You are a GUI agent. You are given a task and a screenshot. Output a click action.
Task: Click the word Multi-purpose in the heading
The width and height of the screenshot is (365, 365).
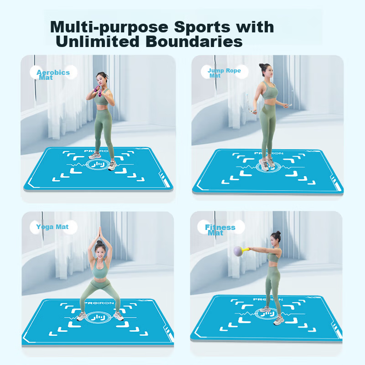109,27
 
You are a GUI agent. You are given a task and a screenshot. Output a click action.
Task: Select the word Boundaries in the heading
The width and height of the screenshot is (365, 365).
194,42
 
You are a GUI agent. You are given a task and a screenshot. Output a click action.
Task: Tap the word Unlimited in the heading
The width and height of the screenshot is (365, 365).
98,42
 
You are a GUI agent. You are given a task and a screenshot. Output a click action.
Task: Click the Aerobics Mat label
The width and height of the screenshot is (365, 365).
53,75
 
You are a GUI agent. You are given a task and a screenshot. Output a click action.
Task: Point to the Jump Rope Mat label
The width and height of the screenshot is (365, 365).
224,73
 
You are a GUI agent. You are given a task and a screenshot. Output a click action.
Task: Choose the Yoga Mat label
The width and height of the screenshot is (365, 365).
52,227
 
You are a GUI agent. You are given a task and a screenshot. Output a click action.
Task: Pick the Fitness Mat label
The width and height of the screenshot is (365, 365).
220,230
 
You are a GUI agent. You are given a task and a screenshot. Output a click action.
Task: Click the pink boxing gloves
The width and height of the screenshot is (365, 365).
98,90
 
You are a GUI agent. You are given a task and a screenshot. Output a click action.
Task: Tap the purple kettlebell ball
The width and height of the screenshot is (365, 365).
238,251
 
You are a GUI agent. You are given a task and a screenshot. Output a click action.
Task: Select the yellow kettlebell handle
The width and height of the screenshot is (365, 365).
245,250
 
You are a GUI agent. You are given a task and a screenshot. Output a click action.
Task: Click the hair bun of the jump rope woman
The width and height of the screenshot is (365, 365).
261,66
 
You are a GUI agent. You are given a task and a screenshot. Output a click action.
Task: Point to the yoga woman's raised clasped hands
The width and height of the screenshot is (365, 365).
100,233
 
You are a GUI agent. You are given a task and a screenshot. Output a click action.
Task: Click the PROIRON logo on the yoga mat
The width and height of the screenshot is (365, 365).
99,303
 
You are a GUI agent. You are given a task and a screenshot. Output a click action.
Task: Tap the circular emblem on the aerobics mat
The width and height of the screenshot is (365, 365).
98,165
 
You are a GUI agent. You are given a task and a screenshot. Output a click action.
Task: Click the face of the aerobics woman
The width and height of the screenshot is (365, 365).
101,80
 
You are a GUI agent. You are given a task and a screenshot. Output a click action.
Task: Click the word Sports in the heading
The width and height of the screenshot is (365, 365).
202,27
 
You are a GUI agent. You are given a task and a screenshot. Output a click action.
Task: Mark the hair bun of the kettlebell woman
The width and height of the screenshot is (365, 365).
278,233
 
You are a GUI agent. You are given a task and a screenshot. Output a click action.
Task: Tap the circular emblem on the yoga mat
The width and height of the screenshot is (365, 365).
97,317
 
